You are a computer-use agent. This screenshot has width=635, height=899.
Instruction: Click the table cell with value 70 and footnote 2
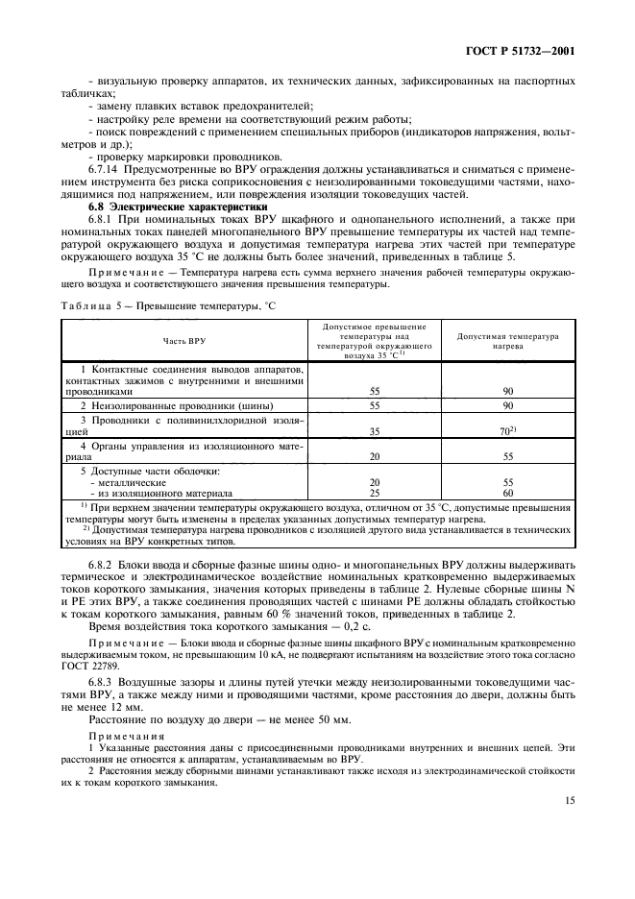pyautogui.click(x=509, y=431)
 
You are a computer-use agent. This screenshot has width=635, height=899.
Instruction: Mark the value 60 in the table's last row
pyautogui.click(x=507, y=491)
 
